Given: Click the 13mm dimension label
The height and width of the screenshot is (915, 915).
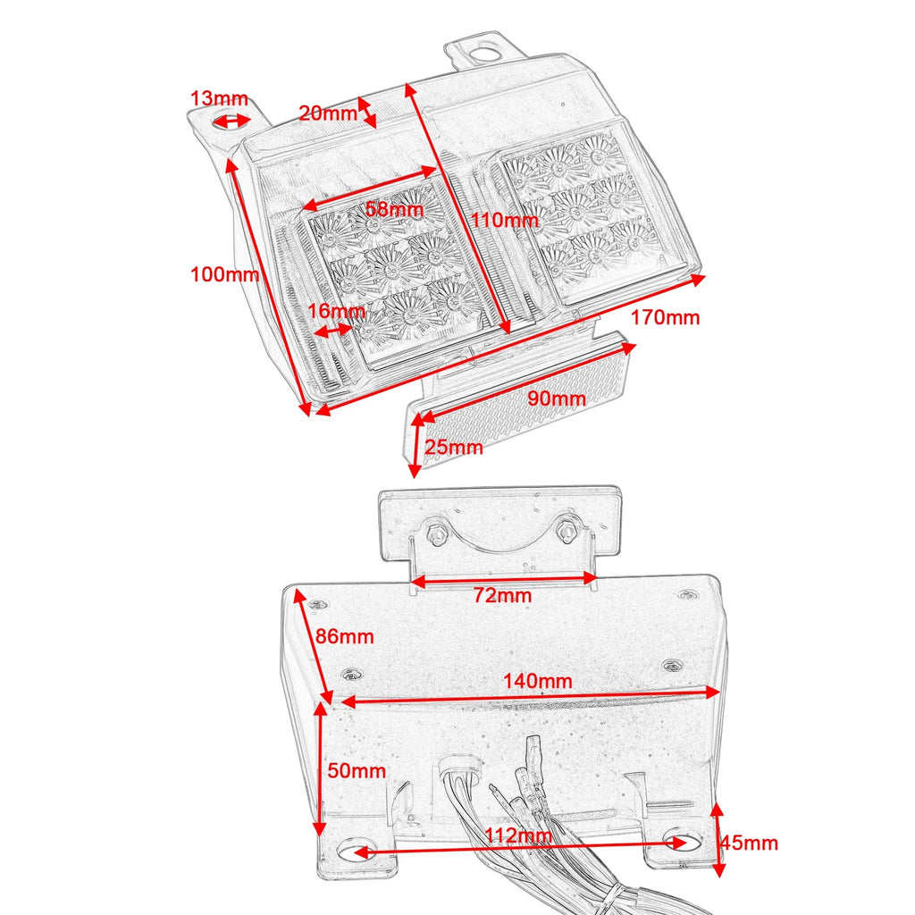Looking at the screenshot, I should pos(220,99).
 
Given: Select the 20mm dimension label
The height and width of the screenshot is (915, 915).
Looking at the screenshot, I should pos(327,113).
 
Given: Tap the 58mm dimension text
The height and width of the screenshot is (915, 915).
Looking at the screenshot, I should pos(394,211).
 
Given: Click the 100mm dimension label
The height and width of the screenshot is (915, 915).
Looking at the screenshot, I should pos(225,274).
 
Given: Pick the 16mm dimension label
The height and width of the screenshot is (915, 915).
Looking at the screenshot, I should pos(335,311).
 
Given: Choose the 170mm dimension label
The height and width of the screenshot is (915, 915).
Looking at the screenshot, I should pos(666,317).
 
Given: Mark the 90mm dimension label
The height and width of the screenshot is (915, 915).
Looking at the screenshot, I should pos(556,398).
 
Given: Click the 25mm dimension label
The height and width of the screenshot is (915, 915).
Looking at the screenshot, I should pos(453,447).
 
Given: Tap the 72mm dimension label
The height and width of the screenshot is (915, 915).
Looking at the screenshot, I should pos(502,595).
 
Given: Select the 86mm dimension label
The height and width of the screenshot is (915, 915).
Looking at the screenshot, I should pos(344,637).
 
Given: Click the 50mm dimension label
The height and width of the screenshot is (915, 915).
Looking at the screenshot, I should pos(357,770).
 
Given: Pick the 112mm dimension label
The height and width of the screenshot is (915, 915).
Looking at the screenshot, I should pos(515,835).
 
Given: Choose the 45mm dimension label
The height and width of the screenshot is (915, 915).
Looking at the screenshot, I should pos(749,843).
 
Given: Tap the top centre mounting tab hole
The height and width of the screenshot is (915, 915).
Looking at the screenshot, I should pos(484,53).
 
